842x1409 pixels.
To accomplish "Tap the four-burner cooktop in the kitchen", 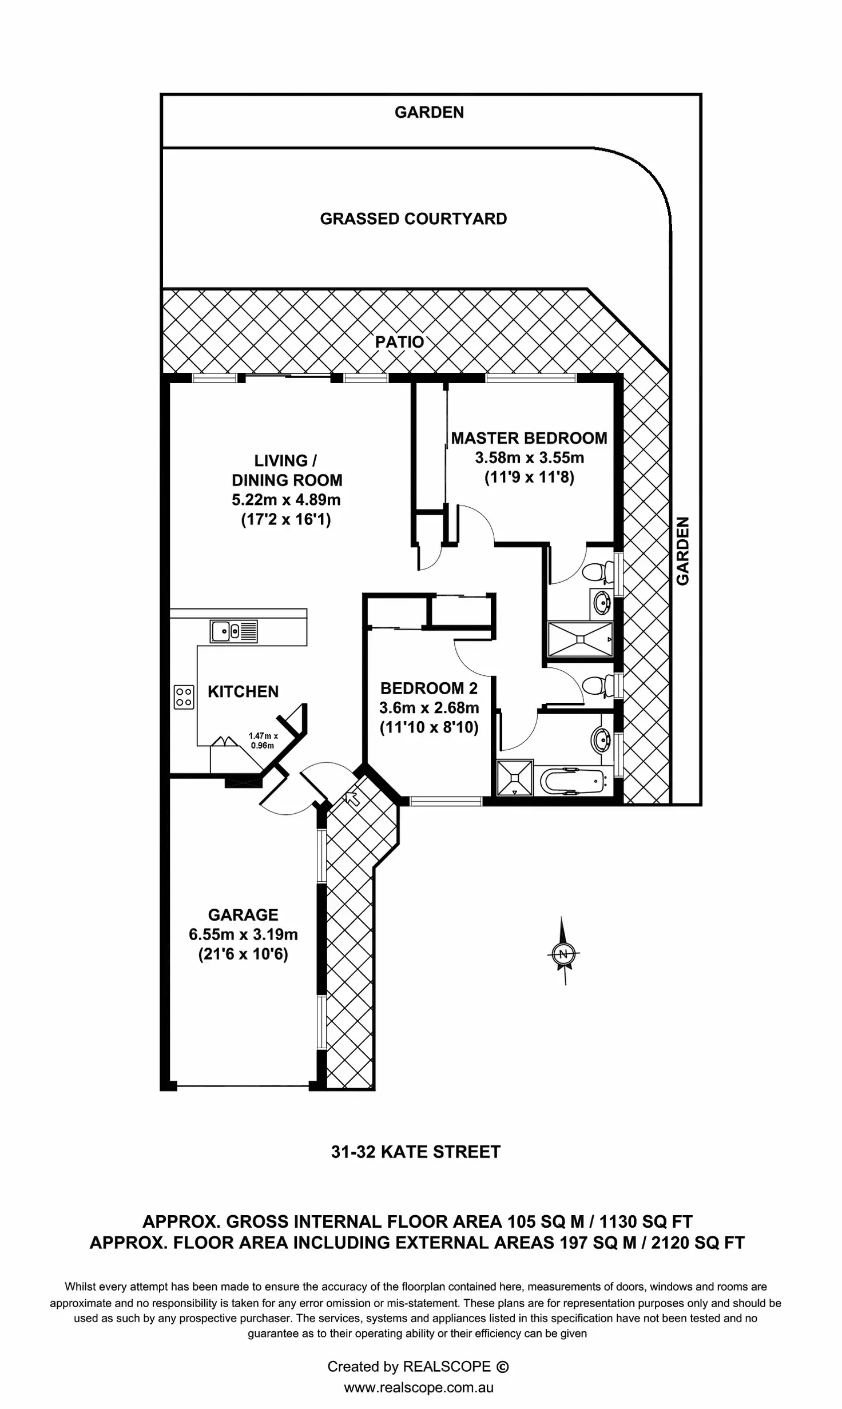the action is click(x=184, y=697).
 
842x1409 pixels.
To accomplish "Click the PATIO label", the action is click(x=399, y=342).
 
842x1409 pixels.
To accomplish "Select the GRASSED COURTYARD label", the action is click(x=413, y=219).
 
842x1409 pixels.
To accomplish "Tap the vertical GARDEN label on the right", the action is click(x=683, y=551).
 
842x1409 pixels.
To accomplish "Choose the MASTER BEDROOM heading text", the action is click(x=529, y=438).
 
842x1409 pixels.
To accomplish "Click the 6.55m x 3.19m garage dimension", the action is click(x=243, y=934).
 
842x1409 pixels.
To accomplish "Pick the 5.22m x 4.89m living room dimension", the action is click(x=285, y=500).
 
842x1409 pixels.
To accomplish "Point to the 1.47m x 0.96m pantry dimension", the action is click(x=263, y=741).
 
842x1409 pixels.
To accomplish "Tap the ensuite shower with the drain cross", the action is click(x=579, y=639).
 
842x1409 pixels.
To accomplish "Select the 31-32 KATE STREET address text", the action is click(x=415, y=1152).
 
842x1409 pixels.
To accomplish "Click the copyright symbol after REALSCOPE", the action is click(x=502, y=1367).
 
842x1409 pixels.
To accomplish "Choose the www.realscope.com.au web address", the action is click(x=418, y=1388).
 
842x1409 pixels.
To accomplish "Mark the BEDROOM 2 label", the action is click(x=428, y=688).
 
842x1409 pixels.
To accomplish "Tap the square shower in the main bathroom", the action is click(x=515, y=777).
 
